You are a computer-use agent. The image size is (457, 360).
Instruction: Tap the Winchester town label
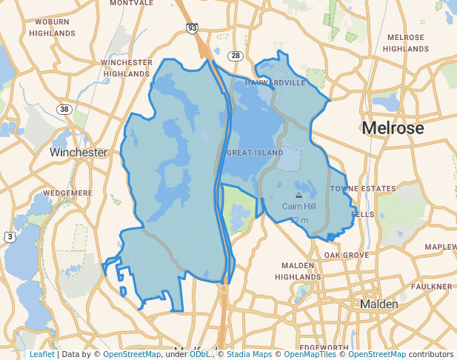pyautogui.click(x=79, y=152)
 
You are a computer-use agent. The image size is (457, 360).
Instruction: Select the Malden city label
pyautogui.click(x=379, y=304)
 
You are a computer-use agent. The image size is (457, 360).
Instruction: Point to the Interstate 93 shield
pyautogui.click(x=192, y=28)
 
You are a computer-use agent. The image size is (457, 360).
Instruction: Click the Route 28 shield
pyautogui.click(x=236, y=56)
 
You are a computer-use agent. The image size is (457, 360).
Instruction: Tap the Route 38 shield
pyautogui.click(x=64, y=109)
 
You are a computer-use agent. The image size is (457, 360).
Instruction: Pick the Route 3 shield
pyautogui.click(x=10, y=237)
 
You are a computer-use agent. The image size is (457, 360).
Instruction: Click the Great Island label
pyautogui.click(x=254, y=153)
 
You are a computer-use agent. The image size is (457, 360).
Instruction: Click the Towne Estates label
pyautogui.click(x=363, y=189)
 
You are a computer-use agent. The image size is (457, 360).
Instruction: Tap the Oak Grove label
pyautogui.click(x=346, y=255)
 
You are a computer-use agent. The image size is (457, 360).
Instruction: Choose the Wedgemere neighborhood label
pyautogui.click(x=67, y=193)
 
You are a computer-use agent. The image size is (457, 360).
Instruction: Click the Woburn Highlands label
pyautogui.click(x=52, y=28)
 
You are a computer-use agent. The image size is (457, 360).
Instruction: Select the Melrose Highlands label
pyautogui.click(x=406, y=43)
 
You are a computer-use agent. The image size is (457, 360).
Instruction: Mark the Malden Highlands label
pyautogui.click(x=298, y=270)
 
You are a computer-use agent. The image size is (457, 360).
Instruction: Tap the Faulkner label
pyautogui.click(x=432, y=286)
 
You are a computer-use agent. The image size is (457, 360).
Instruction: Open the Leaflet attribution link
pyautogui.click(x=41, y=354)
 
